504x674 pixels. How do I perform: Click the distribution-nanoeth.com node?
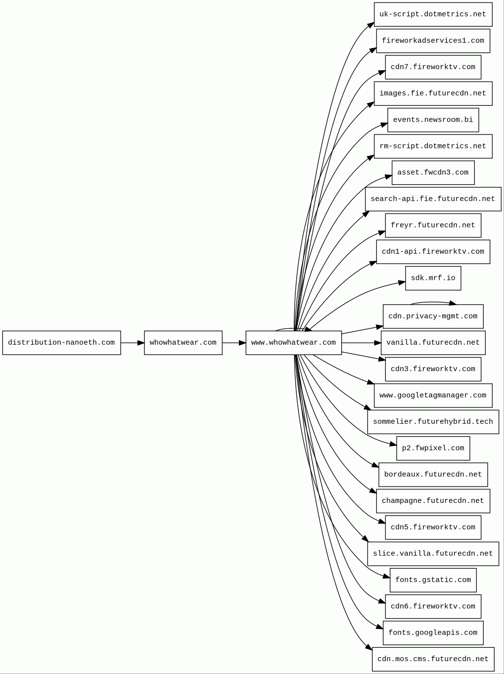61,343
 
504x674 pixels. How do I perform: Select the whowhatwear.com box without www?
183,343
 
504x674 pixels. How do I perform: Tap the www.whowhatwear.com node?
294,343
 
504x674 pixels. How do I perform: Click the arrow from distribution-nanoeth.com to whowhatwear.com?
133,343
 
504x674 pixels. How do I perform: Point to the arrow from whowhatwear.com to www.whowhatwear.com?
234,343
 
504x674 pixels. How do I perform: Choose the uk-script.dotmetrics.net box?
433,14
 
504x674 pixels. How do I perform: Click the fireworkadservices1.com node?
433,41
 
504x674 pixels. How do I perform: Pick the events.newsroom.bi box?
433,120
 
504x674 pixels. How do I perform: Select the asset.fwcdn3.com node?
433,173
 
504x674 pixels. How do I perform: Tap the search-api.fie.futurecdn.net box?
433,199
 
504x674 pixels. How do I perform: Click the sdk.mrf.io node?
433,278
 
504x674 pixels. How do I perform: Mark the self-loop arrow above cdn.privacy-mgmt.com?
433,303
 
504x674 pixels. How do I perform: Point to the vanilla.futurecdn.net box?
433,343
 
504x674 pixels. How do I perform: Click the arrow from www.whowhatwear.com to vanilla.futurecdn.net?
361,343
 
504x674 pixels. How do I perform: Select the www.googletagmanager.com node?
433,396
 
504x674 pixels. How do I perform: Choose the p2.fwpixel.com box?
433,449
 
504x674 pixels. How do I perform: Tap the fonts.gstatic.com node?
433,580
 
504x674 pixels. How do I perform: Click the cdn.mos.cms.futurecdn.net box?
433,659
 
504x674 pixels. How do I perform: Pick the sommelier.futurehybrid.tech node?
433,422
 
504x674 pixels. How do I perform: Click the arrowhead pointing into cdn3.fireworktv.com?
382,359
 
